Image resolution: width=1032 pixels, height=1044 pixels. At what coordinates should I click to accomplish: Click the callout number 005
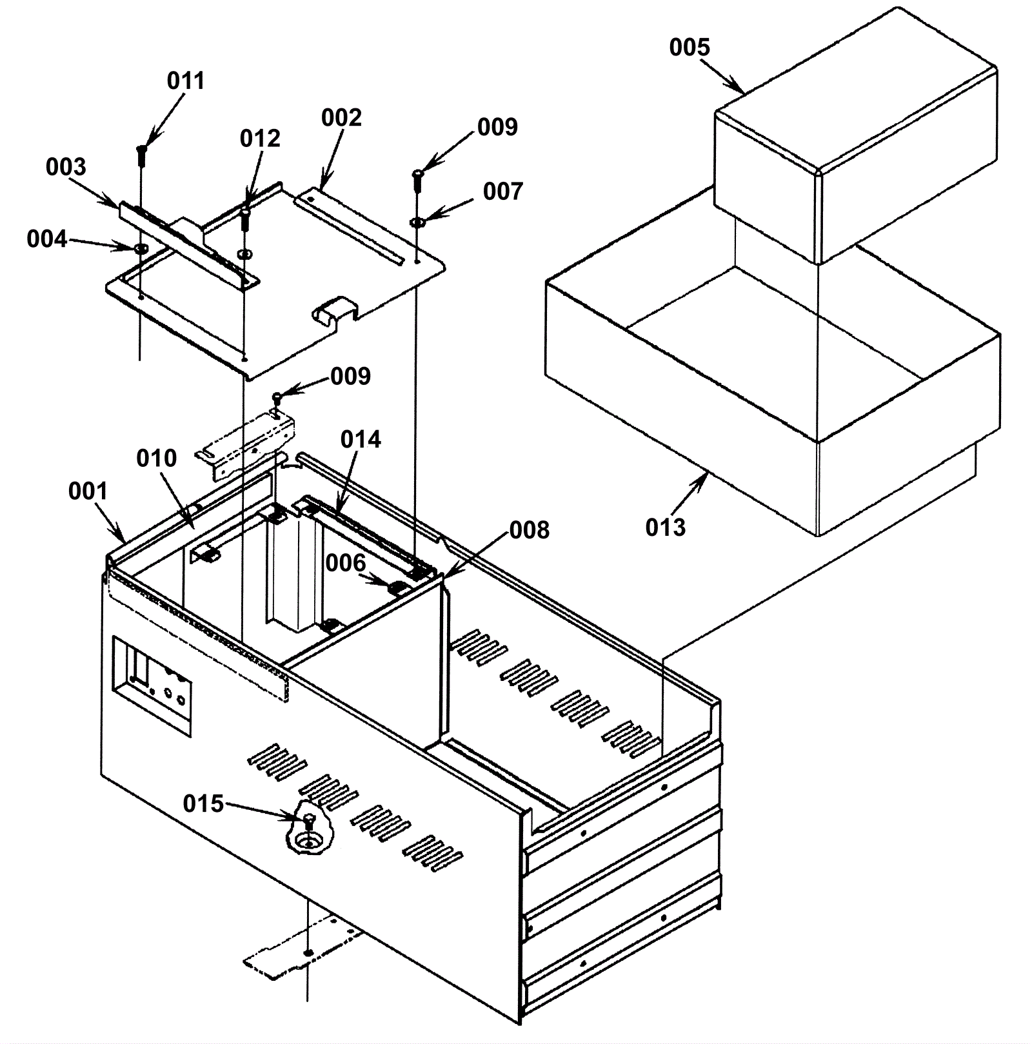pos(690,47)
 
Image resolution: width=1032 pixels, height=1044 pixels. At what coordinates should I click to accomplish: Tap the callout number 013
pos(666,527)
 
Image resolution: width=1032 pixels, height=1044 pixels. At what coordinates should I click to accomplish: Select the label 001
pos(88,491)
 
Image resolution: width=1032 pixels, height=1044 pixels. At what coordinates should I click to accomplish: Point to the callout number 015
pos(203,803)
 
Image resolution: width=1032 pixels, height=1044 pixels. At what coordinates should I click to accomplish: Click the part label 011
pos(186,81)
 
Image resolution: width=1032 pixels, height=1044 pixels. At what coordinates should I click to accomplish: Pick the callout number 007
pos(502,192)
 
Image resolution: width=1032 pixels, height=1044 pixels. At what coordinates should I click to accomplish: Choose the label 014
pos(361,440)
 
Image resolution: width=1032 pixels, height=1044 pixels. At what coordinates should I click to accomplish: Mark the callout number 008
pos(530,530)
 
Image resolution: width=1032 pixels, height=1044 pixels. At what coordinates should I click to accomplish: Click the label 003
pos(66,167)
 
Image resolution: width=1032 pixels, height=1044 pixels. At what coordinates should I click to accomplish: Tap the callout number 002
pos(342,117)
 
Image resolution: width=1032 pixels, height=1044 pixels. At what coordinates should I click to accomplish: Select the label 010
pos(157,458)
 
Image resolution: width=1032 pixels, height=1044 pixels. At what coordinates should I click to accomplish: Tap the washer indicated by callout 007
pos(417,222)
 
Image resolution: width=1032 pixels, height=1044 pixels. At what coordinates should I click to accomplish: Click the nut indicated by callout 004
pos(141,248)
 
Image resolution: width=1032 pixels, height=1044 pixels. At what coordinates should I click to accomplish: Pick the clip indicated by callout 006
pos(397,588)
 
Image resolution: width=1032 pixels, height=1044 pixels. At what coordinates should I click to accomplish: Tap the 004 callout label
pos(46,239)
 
